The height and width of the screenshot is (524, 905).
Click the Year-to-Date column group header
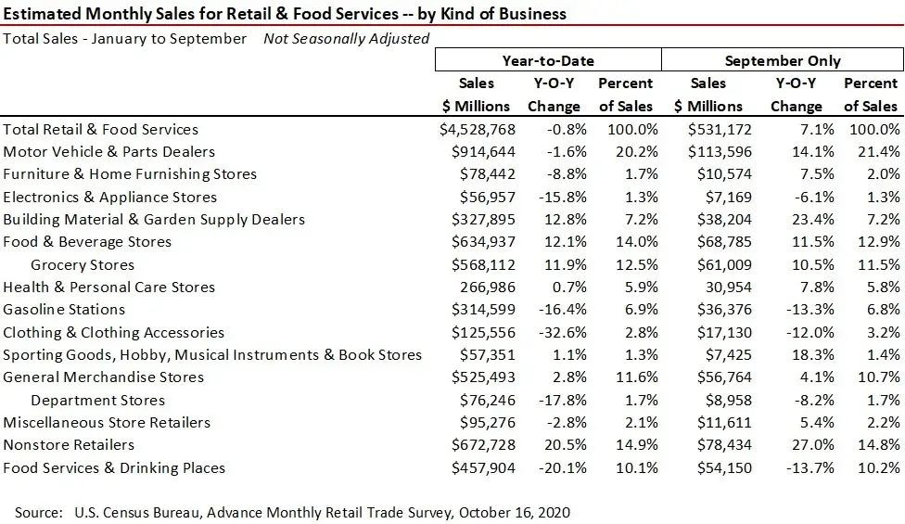click(548, 60)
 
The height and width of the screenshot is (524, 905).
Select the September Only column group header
click(783, 60)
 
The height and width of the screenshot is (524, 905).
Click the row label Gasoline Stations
click(64, 310)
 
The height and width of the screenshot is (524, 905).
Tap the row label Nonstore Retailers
click(69, 445)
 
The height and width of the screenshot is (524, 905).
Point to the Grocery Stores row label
click(83, 264)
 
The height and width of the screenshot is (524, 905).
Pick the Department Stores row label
click(97, 401)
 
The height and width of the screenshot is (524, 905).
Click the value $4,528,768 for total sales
click(478, 130)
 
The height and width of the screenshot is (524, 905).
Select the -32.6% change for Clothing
click(556, 332)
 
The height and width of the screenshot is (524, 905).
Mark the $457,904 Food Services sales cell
click(481, 467)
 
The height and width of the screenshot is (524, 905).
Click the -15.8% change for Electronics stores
click(556, 197)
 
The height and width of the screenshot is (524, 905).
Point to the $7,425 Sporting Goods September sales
click(726, 355)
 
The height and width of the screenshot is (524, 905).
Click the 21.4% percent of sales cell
click(878, 152)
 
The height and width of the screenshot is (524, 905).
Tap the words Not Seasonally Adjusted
click(346, 39)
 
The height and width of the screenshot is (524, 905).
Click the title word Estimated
click(44, 13)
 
